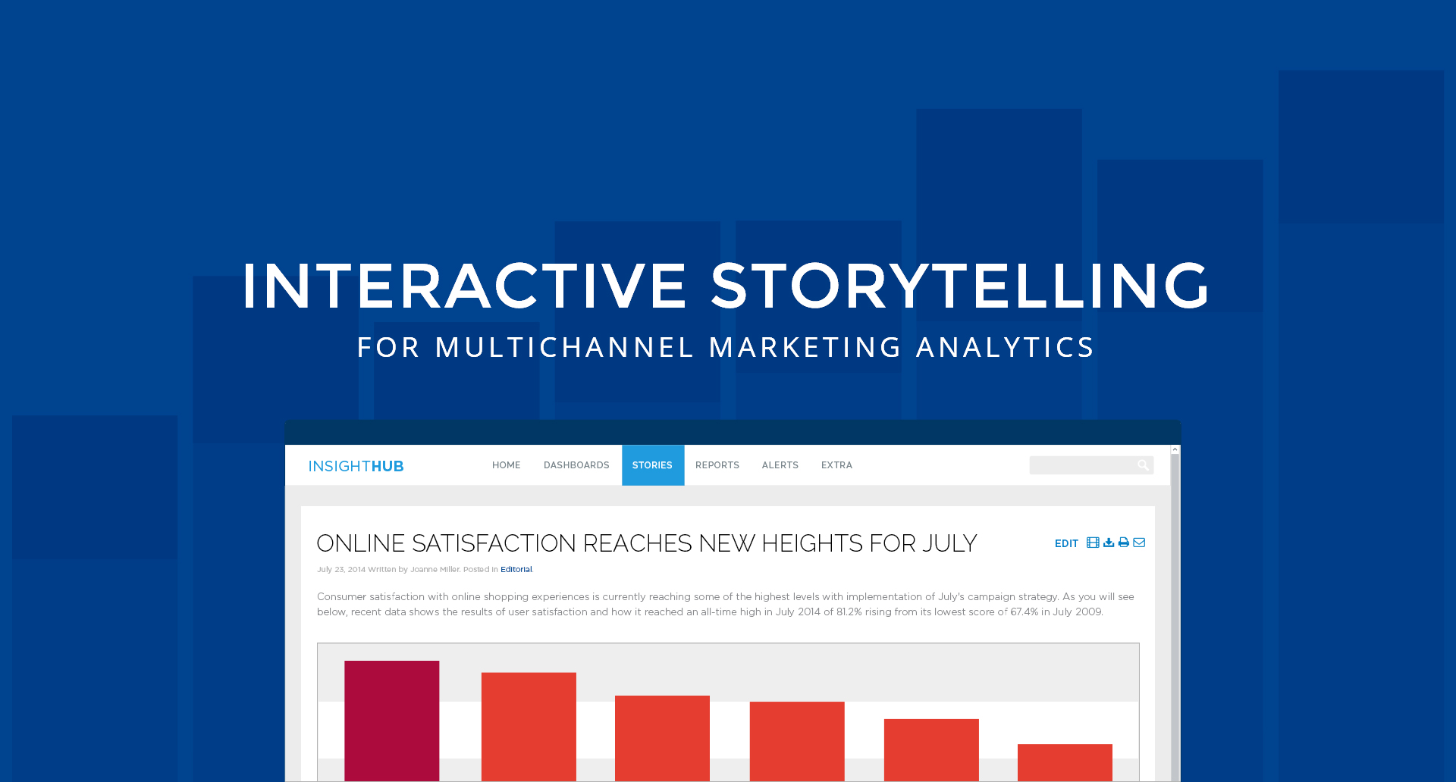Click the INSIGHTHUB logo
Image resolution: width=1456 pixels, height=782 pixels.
pos(356,466)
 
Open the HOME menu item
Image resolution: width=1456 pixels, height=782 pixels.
pos(506,465)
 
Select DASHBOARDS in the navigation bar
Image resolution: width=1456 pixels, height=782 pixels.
pos(576,465)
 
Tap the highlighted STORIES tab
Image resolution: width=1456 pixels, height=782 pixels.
pos(653,465)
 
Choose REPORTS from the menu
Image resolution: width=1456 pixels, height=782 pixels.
pos(717,465)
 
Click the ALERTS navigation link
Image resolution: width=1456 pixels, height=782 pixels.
pos(780,465)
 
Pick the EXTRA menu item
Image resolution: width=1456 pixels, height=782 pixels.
pos(836,465)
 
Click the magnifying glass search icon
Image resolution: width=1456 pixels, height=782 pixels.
pos(1143,465)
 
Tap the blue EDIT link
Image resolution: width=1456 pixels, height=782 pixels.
pos(1066,543)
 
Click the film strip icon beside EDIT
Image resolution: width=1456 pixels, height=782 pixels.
pos(1093,543)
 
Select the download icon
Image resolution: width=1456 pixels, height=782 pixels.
pos(1109,543)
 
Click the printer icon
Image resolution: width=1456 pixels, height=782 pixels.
pos(1124,543)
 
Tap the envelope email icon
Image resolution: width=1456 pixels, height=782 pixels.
pos(1139,543)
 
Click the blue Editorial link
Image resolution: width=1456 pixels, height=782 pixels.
pos(516,569)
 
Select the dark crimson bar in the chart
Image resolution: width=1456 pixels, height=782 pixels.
pos(392,721)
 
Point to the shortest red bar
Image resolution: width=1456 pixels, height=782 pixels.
pos(1065,762)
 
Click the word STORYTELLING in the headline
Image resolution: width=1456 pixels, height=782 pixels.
pos(959,286)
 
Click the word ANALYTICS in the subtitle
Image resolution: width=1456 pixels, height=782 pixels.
pos(1005,348)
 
